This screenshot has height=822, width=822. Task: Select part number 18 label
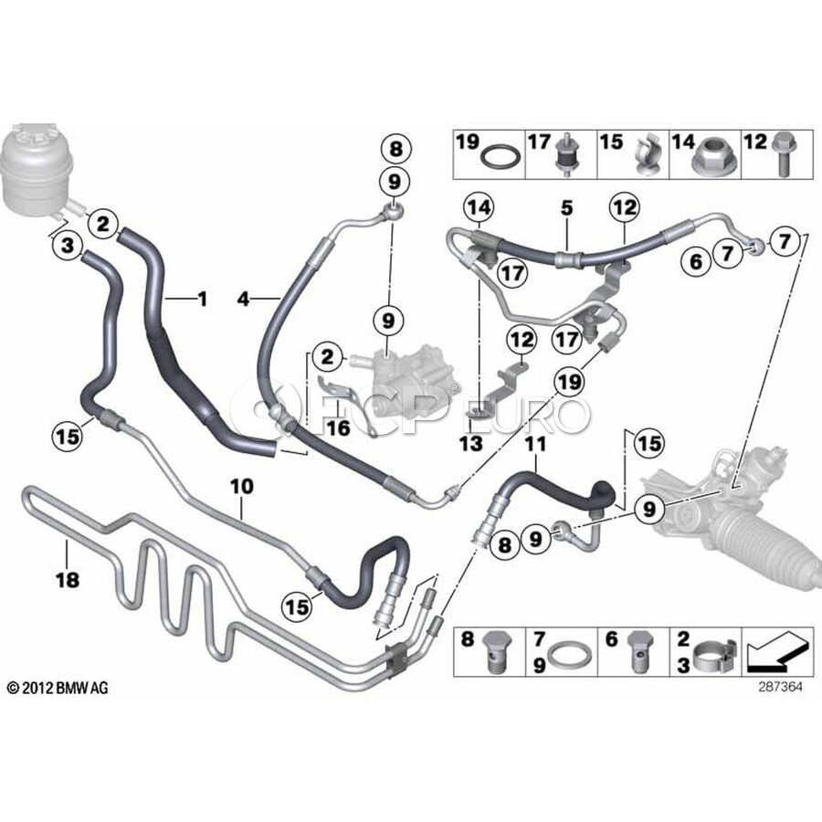point(68,580)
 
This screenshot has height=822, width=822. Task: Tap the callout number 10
point(242,487)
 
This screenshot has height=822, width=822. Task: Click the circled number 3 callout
point(68,246)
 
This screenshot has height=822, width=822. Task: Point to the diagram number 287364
point(780,686)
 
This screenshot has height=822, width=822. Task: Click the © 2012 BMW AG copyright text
point(58,687)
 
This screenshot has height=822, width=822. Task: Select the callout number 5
point(566,207)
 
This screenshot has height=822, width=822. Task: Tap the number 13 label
point(471,444)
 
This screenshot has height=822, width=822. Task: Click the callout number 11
point(535,444)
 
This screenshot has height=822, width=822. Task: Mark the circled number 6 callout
point(696,260)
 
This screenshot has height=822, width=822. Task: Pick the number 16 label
point(339,427)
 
